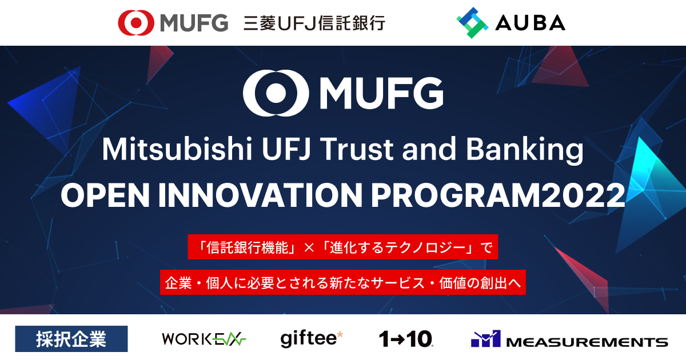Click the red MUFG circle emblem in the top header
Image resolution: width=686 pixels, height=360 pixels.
point(136,23)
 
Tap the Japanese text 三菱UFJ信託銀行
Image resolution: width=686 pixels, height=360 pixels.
point(314,23)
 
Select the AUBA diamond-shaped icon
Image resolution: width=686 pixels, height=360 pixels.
point(472,23)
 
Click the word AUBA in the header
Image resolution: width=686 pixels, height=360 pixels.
point(531,23)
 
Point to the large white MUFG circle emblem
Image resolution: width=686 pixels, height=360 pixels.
point(270,92)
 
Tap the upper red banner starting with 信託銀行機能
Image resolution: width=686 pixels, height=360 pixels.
point(343,247)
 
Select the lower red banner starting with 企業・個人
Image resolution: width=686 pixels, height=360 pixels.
point(343,282)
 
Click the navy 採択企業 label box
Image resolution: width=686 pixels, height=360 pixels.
point(71,338)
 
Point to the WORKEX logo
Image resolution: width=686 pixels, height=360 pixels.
point(204,339)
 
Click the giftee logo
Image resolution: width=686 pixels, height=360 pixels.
point(312,338)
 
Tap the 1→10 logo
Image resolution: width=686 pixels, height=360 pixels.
point(406,339)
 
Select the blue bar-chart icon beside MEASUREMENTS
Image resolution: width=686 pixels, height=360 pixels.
point(485,339)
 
